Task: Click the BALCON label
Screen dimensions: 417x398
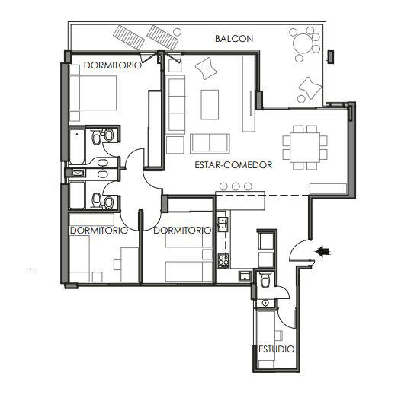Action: tap(234, 39)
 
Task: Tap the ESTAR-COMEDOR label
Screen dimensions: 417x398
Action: tap(233, 165)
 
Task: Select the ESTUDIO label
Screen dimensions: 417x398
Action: tap(276, 349)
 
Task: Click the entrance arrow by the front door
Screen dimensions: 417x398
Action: tap(322, 251)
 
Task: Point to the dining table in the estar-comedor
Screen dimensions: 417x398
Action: tap(305, 148)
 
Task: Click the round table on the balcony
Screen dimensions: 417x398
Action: tap(303, 43)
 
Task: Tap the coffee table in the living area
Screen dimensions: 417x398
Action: tap(210, 104)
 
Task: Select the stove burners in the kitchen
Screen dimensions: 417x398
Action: tap(223, 261)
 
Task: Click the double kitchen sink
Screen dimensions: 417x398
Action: tap(223, 224)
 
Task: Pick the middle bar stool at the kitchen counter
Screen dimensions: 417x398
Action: tap(236, 186)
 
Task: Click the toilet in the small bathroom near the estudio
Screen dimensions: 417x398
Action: tap(265, 279)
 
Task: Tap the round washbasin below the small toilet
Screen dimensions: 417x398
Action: tap(265, 302)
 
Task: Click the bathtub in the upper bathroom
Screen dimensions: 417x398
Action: tap(77, 146)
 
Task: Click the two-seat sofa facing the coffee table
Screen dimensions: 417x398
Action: tap(210, 143)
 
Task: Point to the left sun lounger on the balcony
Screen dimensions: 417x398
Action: tap(129, 37)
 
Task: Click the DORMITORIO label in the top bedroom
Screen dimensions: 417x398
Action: tap(113, 65)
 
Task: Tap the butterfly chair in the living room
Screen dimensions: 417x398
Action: tap(207, 68)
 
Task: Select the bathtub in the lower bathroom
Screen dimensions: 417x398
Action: tap(77, 195)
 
